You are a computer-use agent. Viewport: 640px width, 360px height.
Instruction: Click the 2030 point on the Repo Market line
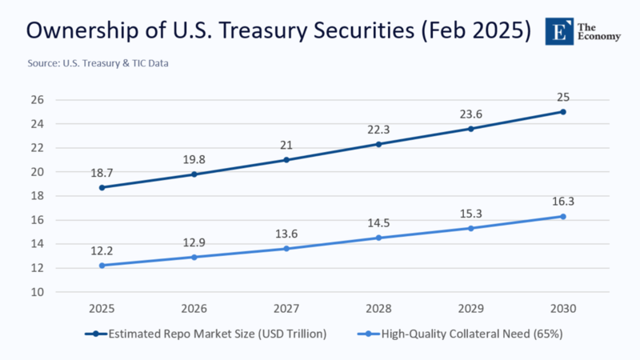pyautogui.click(x=562, y=111)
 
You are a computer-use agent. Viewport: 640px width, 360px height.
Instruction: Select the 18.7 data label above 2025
pyautogui.click(x=102, y=172)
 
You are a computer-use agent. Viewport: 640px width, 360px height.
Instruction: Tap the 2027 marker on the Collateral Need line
pyautogui.click(x=286, y=249)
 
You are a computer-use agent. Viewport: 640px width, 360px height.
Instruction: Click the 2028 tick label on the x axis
pyautogui.click(x=378, y=309)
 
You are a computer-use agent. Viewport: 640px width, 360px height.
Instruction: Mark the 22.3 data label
pyautogui.click(x=378, y=129)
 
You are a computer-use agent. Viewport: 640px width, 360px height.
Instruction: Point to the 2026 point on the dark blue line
pyautogui.click(x=194, y=174)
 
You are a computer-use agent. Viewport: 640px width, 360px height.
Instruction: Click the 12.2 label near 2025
pyautogui.click(x=102, y=250)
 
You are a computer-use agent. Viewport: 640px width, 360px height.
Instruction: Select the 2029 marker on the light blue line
pyautogui.click(x=470, y=228)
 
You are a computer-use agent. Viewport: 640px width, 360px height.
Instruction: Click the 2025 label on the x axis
pyautogui.click(x=102, y=309)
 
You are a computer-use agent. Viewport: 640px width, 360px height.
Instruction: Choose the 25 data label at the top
pyautogui.click(x=563, y=97)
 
